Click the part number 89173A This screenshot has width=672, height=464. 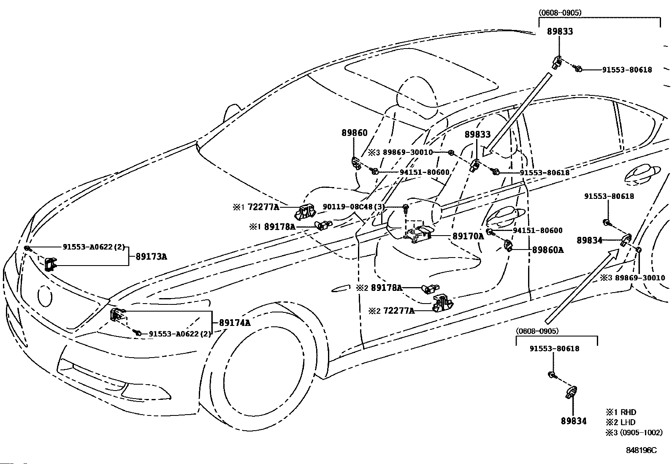click(151, 257)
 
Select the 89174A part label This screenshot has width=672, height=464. click(235, 323)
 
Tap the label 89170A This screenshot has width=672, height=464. click(468, 236)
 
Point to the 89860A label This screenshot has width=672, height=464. click(548, 250)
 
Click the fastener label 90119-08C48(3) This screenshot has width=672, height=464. click(354, 207)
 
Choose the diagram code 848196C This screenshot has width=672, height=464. click(641, 450)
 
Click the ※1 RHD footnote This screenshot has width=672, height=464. click(621, 412)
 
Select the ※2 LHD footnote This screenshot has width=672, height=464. click(621, 422)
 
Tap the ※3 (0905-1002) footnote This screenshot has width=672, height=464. click(634, 432)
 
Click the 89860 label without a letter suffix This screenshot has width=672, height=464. click(354, 133)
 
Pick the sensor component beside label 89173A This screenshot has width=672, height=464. click(50, 264)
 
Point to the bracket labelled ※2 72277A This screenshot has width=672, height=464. click(442, 303)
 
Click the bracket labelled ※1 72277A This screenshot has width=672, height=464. click(305, 211)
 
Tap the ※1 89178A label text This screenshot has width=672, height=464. click(272, 227)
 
